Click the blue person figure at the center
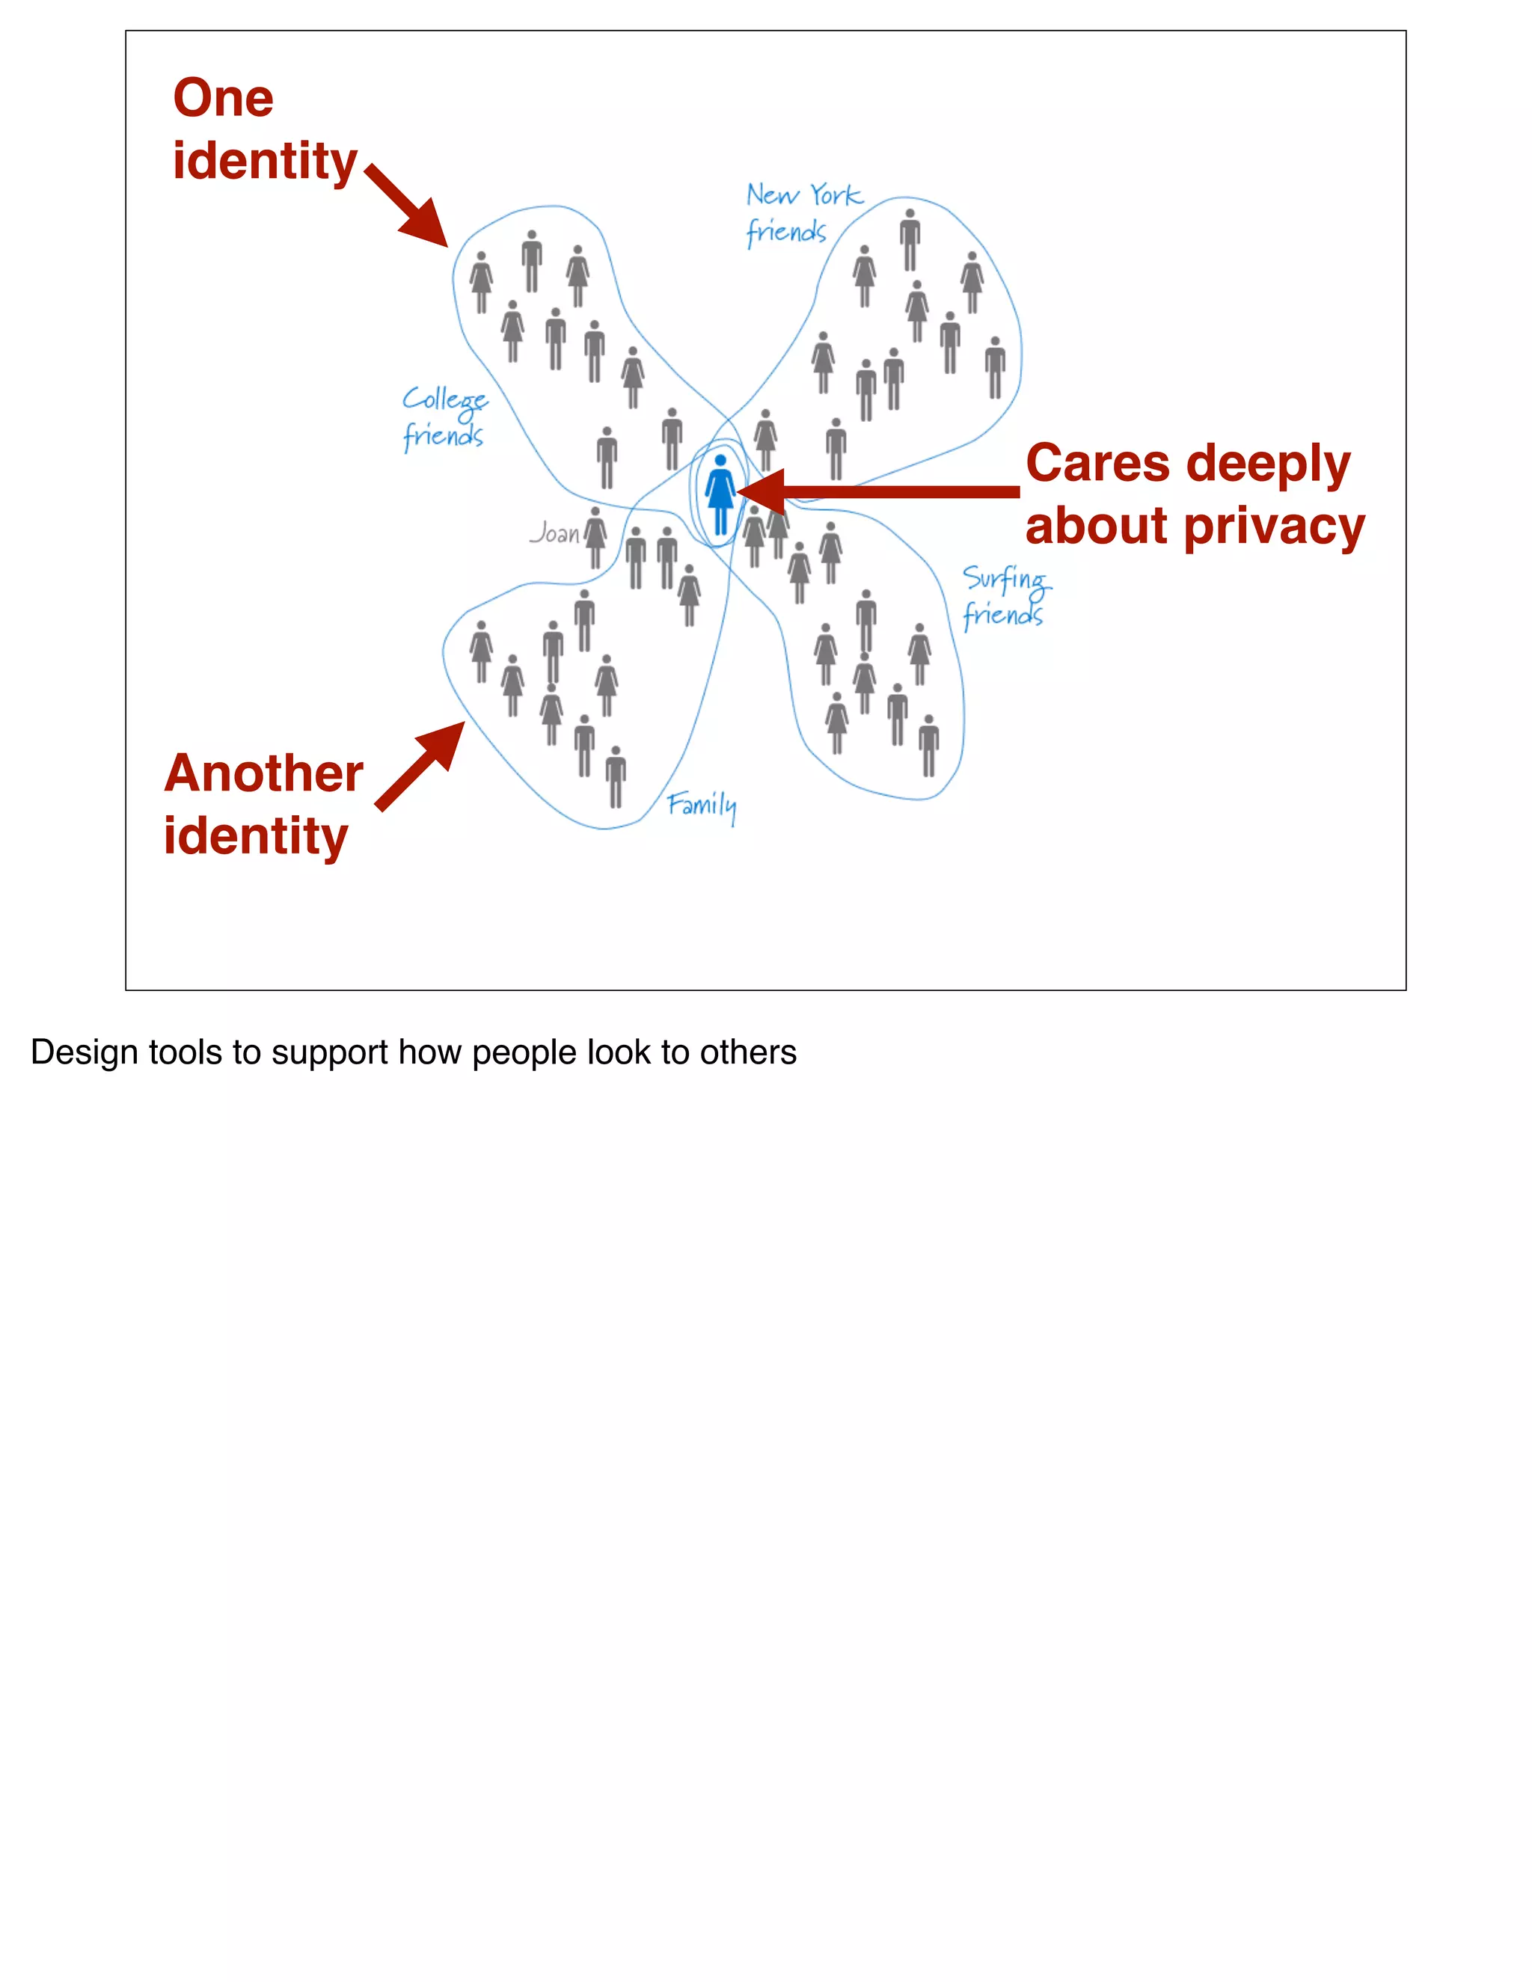click(x=720, y=495)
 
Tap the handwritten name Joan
click(x=554, y=533)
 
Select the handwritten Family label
click(x=702, y=805)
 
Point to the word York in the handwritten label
click(x=836, y=195)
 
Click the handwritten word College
click(x=445, y=400)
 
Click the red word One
click(x=223, y=98)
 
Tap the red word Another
click(x=264, y=773)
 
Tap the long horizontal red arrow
click(x=880, y=493)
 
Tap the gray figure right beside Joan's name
click(x=595, y=536)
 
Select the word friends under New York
click(x=786, y=233)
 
